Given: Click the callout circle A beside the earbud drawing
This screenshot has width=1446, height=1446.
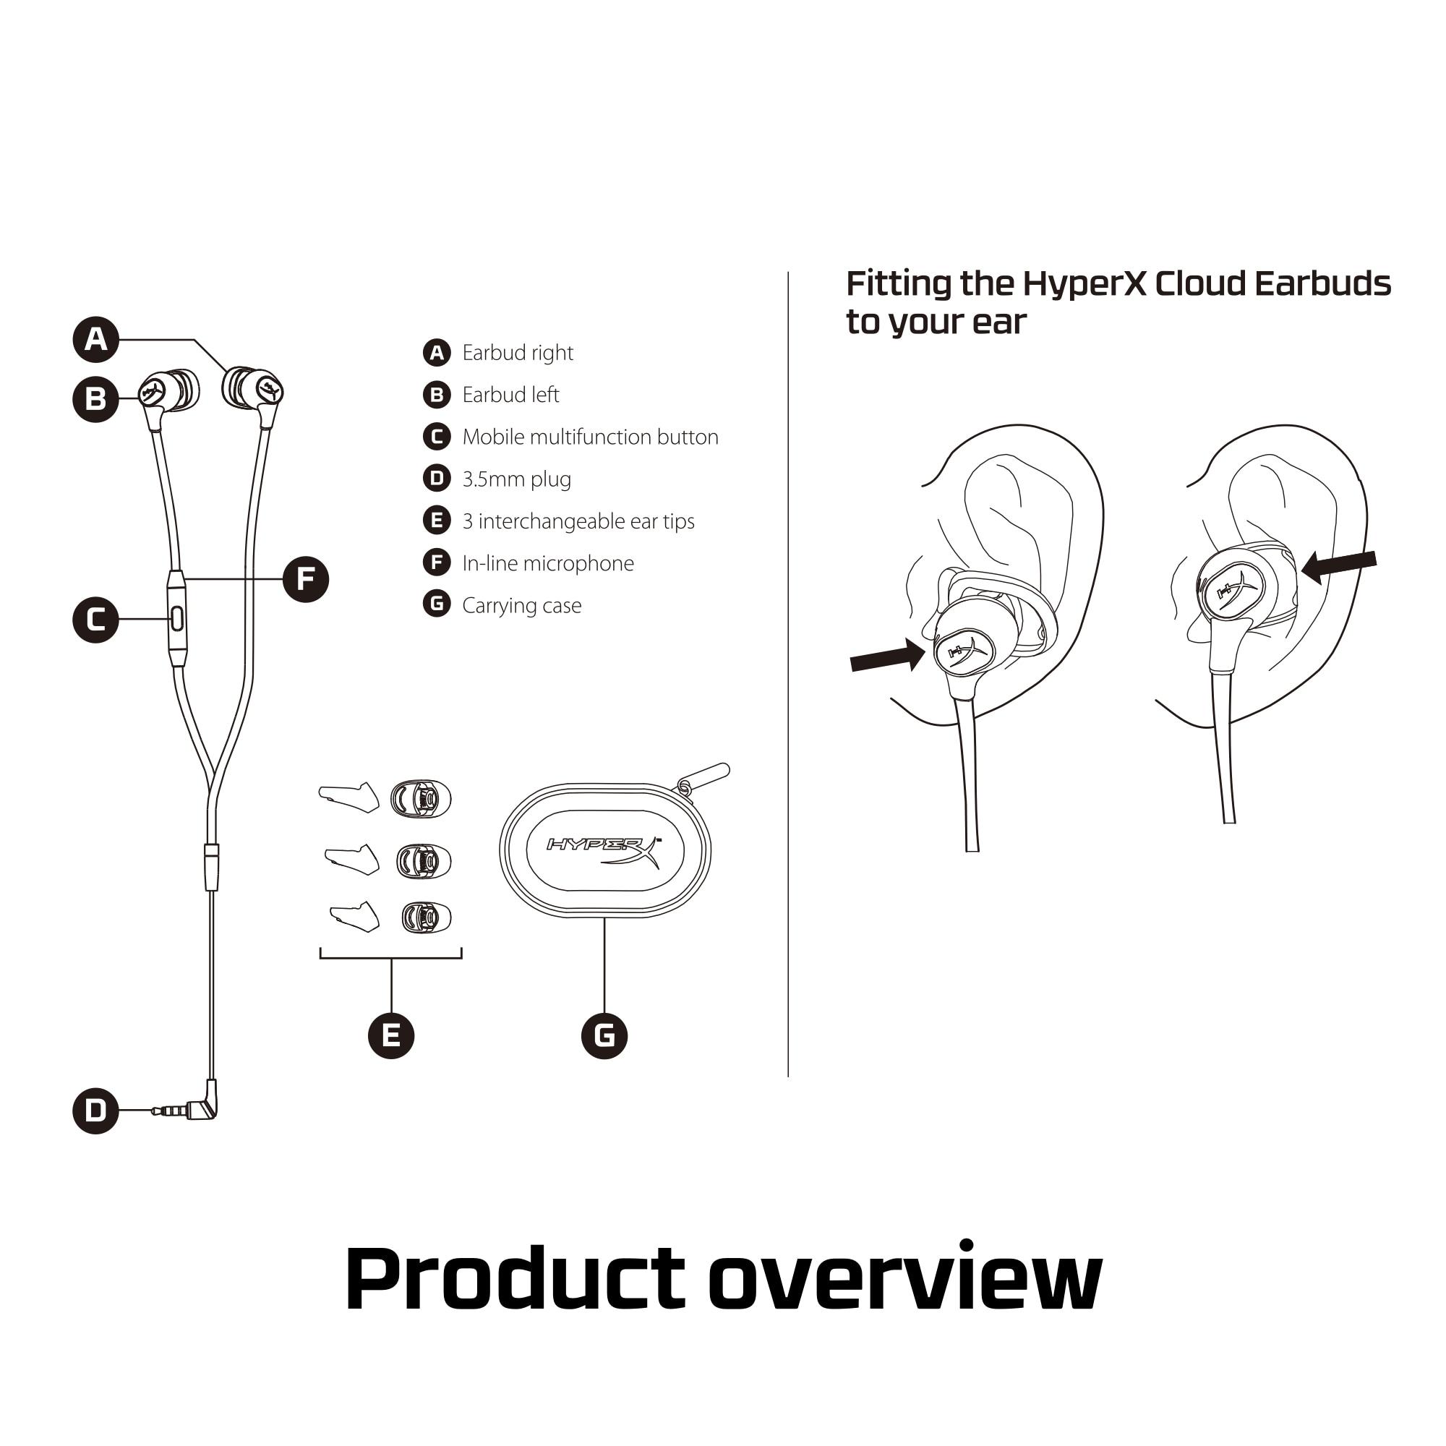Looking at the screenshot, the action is [x=96, y=340].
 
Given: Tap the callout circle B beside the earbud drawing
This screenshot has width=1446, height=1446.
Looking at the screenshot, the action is [x=96, y=400].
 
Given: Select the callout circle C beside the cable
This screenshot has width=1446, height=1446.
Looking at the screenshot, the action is [x=96, y=620].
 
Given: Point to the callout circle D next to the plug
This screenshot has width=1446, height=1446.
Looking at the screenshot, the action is [x=96, y=1111].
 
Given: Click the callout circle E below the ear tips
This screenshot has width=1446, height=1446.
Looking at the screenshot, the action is [x=391, y=1036].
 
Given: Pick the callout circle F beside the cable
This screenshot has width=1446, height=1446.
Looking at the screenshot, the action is [x=306, y=579].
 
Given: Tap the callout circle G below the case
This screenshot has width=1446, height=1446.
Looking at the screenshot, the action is [x=604, y=1036].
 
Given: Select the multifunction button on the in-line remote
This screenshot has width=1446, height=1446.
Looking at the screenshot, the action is [x=177, y=619].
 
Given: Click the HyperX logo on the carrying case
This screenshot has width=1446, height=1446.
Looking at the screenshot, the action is [x=604, y=852].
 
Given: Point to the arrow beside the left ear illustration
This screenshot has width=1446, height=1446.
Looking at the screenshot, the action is [x=889, y=656].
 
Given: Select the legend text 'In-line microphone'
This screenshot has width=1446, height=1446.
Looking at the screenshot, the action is [x=549, y=564].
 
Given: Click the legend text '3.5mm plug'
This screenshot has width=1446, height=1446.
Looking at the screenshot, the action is [x=517, y=480].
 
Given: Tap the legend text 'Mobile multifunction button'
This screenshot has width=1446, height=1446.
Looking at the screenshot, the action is [x=591, y=437].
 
